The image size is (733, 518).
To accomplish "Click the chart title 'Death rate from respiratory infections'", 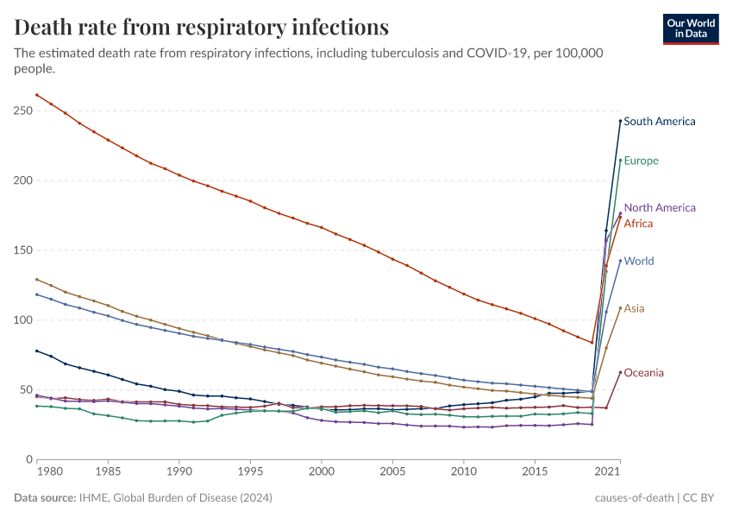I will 202,27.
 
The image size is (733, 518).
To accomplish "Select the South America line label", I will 659,122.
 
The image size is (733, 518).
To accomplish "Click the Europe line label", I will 641,161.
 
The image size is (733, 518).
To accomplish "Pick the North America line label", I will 659,208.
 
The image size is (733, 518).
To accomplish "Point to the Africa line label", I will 638,224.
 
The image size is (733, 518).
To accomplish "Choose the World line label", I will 638,262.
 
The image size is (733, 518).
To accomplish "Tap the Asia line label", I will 634,309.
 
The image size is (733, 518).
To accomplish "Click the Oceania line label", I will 643,373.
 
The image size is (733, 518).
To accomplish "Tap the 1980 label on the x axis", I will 51,473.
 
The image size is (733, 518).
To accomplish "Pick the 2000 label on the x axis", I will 321,473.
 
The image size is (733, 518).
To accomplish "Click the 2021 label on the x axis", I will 608,473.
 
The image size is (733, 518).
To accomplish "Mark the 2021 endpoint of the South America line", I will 620,121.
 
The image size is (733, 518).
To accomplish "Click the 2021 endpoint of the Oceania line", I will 620,372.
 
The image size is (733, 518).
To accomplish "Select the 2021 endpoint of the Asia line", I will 620,308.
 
